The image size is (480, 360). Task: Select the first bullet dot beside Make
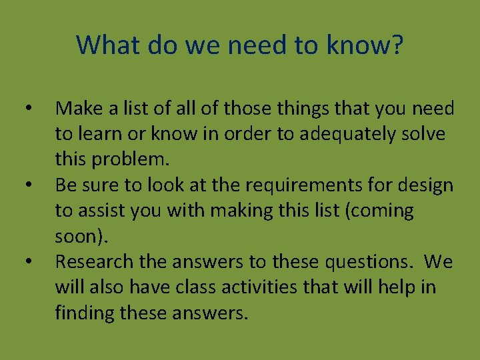(26, 108)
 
